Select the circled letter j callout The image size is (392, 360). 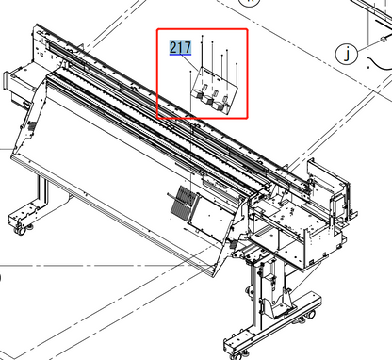349,55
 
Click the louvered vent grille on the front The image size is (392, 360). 178,200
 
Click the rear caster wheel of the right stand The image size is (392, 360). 307,303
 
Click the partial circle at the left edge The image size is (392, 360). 2,279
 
